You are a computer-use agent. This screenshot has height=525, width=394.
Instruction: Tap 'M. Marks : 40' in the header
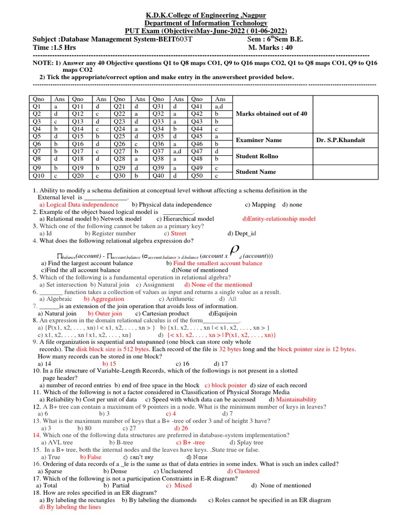tap(274, 47)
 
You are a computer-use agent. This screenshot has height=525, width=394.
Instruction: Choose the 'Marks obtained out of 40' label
tap(271, 114)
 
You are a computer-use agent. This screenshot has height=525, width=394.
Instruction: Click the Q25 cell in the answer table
tap(120, 136)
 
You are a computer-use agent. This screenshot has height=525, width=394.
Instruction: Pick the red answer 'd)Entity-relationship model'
tap(279, 219)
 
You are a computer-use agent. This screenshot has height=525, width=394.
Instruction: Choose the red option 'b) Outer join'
tap(105, 313)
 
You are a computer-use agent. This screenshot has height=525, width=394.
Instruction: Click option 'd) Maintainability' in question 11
tap(292, 399)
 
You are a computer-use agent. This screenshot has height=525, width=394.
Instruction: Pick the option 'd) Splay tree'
tap(246, 442)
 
